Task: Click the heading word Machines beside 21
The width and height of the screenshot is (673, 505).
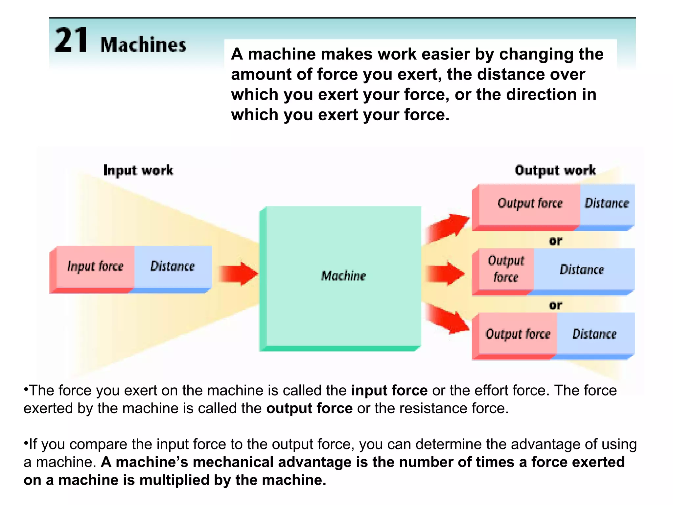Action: tap(143, 45)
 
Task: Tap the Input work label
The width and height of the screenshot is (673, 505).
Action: tap(138, 170)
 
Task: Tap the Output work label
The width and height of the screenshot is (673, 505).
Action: tap(555, 170)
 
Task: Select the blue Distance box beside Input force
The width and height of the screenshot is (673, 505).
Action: tap(173, 266)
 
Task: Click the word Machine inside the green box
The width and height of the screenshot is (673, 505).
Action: tap(343, 276)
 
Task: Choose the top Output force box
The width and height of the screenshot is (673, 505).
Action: tap(530, 204)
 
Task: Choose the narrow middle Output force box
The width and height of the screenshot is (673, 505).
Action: tap(506, 269)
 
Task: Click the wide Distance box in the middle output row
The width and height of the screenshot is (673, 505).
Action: tap(582, 270)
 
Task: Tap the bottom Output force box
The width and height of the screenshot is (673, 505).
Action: tap(518, 334)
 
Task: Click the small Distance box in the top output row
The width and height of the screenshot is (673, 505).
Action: tap(607, 204)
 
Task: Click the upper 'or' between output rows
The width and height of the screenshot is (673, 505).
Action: tap(555, 241)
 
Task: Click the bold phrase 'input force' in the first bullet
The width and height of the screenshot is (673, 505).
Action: tap(389, 391)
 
